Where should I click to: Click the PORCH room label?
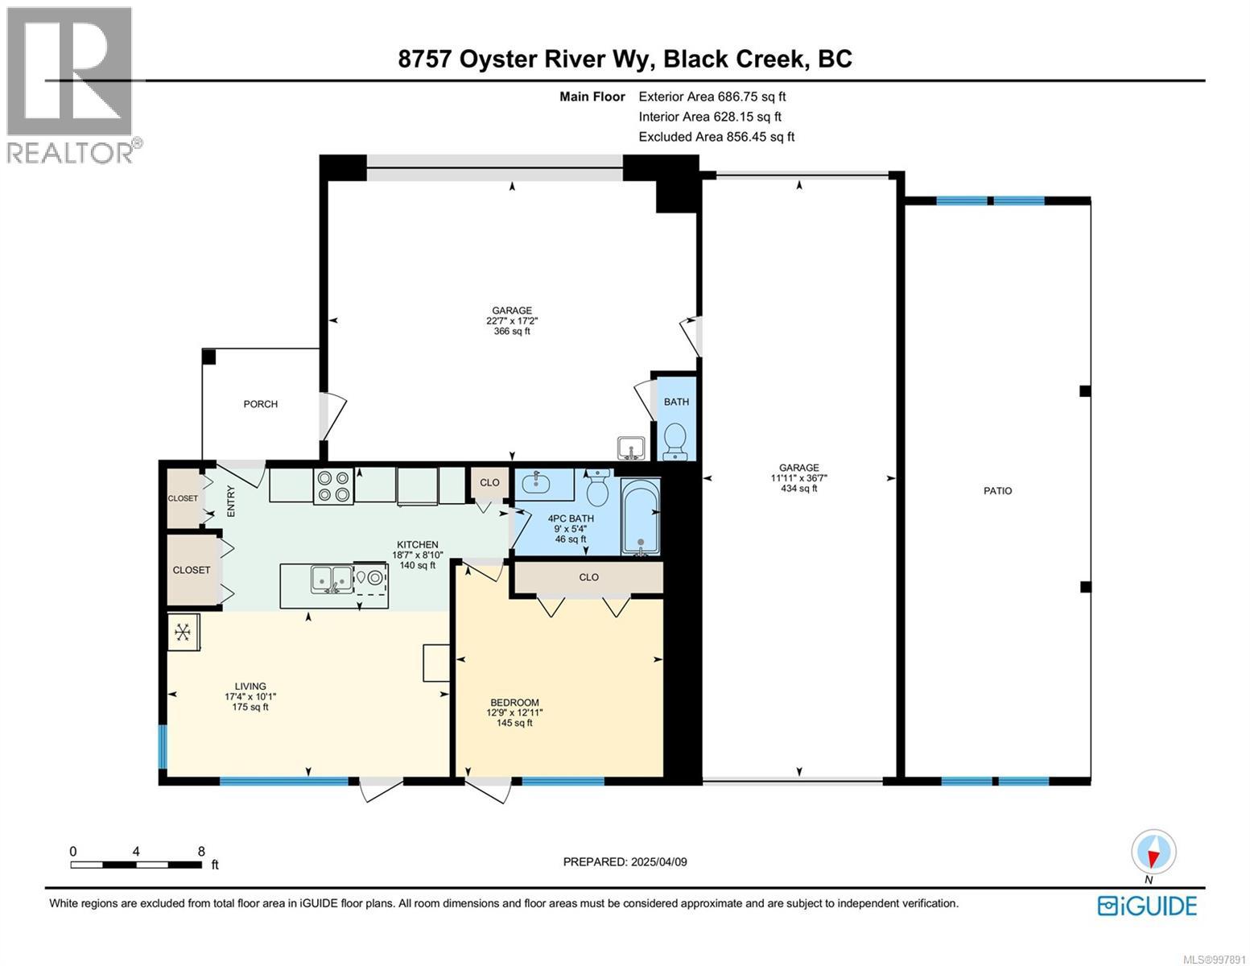tap(260, 404)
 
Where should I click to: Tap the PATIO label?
tap(997, 491)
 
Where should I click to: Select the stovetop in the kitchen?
tap(333, 486)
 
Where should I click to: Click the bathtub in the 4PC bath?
tap(640, 518)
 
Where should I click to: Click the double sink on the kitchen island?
tap(332, 579)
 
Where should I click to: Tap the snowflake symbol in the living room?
tap(183, 632)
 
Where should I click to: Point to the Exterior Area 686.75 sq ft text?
tap(712, 97)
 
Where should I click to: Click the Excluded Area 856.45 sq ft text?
tap(716, 137)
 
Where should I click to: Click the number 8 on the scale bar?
tap(200, 851)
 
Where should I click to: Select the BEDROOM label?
tap(514, 703)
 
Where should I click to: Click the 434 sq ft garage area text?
tap(798, 489)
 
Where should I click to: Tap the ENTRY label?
tap(231, 502)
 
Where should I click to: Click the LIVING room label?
tap(250, 687)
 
